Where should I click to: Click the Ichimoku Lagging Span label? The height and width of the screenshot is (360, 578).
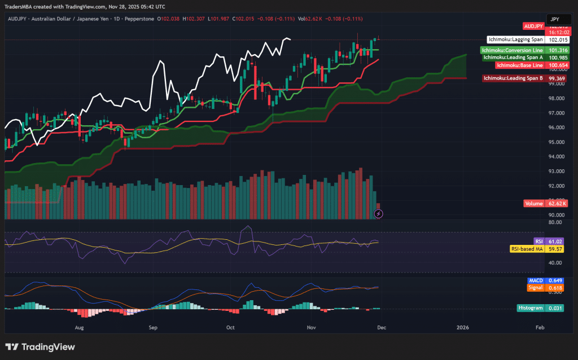(515, 39)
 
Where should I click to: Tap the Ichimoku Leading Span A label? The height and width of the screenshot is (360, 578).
(513, 57)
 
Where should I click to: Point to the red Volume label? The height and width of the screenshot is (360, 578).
(533, 203)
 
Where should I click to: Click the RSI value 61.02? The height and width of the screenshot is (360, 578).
(555, 241)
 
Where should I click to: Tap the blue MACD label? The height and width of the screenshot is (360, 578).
(536, 280)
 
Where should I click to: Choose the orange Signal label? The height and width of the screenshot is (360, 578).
(535, 288)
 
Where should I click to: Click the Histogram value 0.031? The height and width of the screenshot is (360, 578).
(555, 308)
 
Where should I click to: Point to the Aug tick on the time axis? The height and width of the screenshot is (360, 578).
(79, 327)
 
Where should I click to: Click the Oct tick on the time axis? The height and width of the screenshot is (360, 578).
(230, 327)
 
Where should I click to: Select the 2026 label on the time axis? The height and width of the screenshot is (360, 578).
(462, 327)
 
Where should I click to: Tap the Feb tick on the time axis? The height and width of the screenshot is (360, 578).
(539, 327)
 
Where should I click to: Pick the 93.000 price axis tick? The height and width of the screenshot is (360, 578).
(557, 172)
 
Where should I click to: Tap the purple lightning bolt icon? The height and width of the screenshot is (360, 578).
(379, 213)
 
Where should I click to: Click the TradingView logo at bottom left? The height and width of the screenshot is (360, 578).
(40, 347)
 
